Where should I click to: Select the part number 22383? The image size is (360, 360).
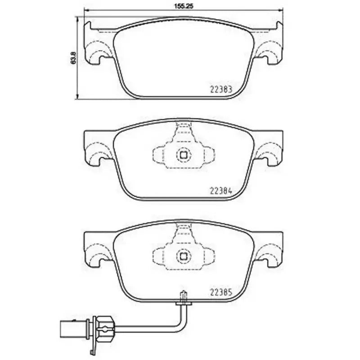pyautogui.click(x=221, y=89)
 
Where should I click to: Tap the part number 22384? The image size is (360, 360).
pyautogui.click(x=221, y=190)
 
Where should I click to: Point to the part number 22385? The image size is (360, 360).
pyautogui.click(x=221, y=291)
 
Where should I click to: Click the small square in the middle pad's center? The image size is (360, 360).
pyautogui.click(x=183, y=155)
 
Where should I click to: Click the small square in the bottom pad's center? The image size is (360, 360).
pyautogui.click(x=183, y=256)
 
